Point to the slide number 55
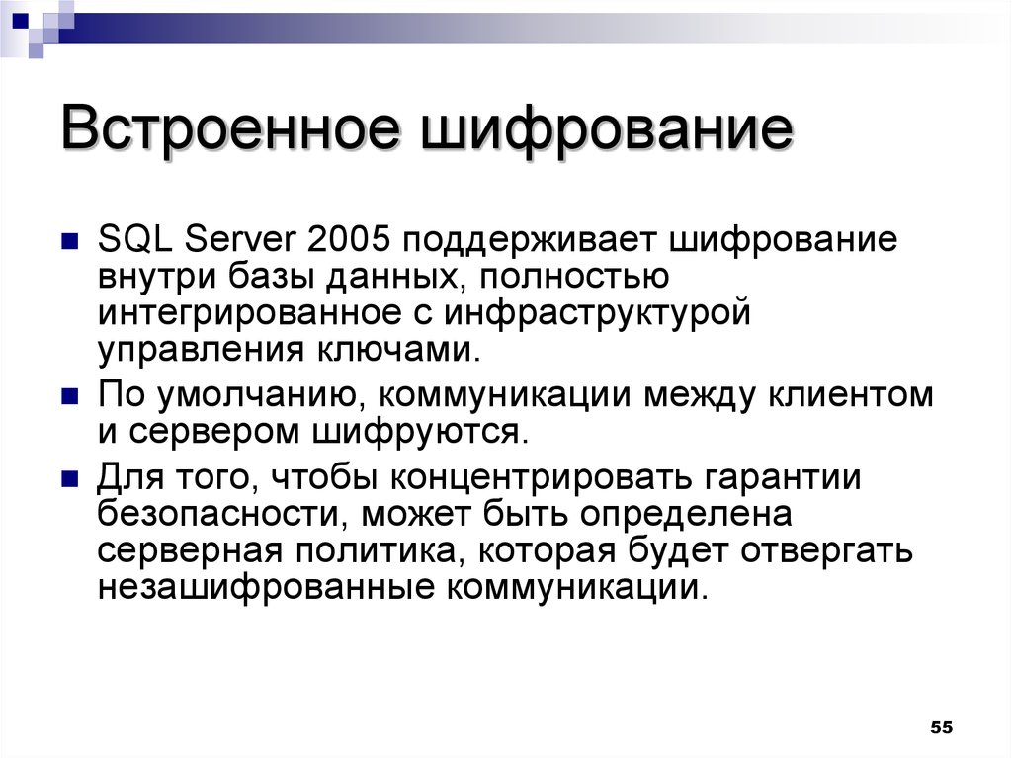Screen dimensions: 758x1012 click(x=941, y=727)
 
